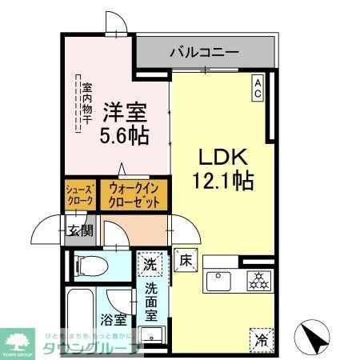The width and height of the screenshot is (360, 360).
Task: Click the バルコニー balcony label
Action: tap(203, 53)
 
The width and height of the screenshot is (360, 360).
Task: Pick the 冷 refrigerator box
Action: tap(260, 338)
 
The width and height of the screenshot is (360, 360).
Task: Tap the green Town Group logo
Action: tap(18, 339)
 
